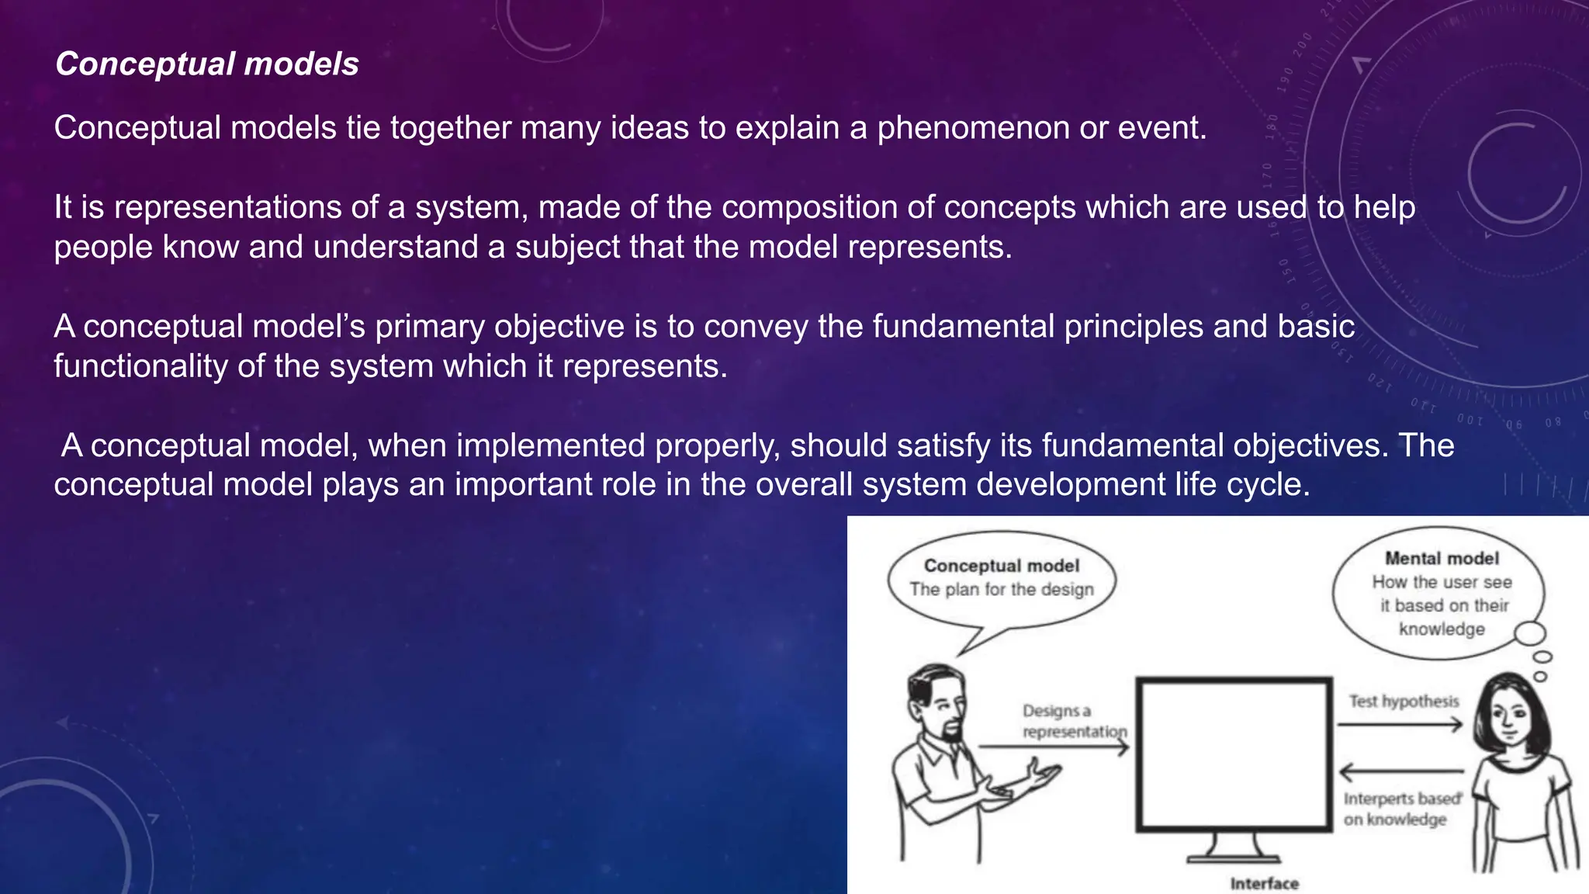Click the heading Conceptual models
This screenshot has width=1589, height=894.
(x=207, y=64)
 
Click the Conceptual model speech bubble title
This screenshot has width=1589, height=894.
(x=1001, y=566)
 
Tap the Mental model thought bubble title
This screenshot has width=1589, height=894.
(x=1442, y=558)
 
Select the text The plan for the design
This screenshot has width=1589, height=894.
(x=1002, y=590)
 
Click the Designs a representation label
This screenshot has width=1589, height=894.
(x=1073, y=721)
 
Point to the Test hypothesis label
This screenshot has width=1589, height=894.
(x=1404, y=702)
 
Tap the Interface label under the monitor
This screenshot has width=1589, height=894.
(x=1264, y=883)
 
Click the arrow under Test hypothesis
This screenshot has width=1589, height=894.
(x=1400, y=725)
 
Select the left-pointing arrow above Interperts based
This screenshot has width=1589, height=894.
(x=1400, y=772)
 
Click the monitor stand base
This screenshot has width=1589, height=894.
(x=1234, y=857)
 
